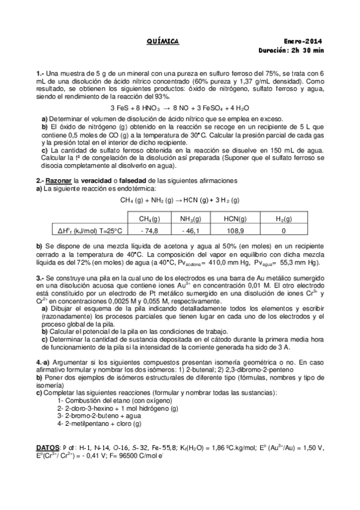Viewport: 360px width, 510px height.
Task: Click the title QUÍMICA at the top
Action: tap(163, 41)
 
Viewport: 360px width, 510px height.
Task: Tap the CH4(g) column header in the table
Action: tap(148, 219)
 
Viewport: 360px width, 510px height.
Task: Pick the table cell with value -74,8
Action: tap(148, 230)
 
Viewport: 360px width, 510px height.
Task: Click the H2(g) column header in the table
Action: tap(283, 219)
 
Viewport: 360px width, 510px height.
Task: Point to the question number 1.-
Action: tap(40, 73)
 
